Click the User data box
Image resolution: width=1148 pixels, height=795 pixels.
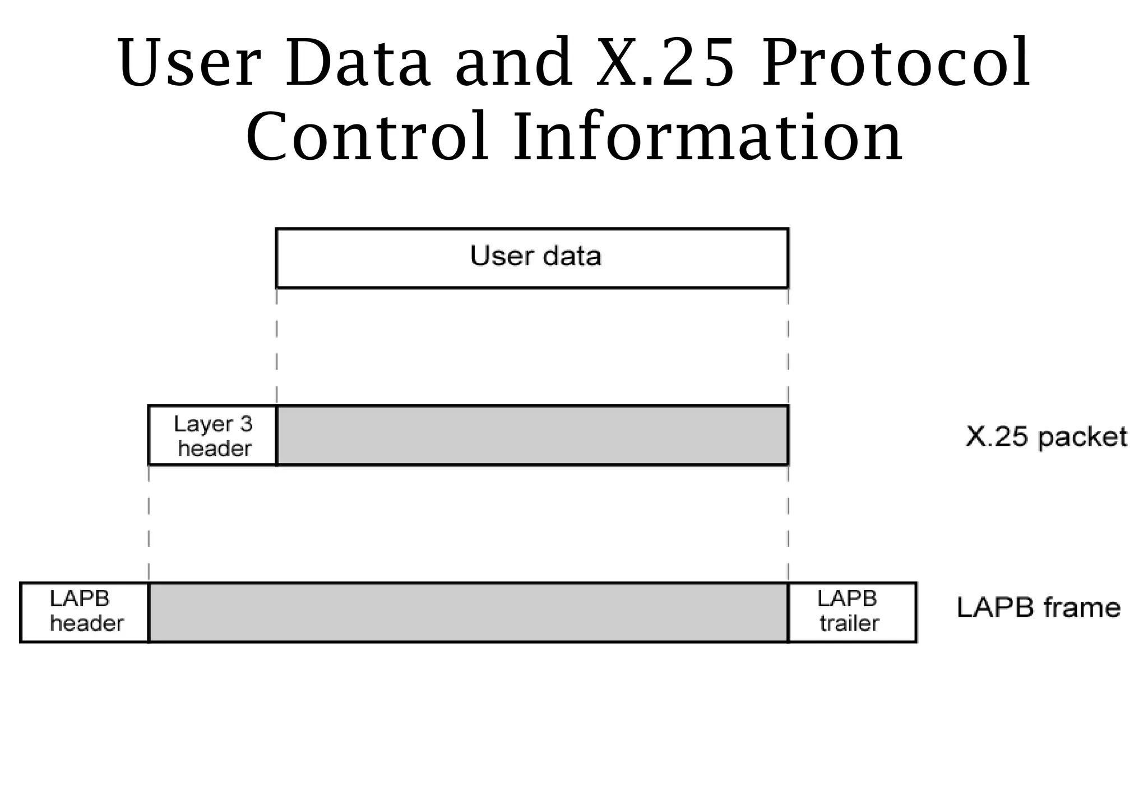point(532,257)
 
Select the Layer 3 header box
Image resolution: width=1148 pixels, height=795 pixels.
point(212,436)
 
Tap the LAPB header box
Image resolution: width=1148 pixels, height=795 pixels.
point(85,612)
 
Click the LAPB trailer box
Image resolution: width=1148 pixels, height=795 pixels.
point(851,612)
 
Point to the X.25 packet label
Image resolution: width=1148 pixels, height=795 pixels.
point(1046,437)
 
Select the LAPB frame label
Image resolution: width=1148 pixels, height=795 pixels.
point(1038,608)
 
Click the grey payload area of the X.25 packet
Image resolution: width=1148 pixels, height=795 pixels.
point(532,436)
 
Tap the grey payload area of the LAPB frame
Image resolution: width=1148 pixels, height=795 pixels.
point(468,612)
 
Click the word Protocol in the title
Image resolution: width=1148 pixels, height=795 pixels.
point(896,63)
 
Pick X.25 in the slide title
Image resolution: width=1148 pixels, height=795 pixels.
point(665,63)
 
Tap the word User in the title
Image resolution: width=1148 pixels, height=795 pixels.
point(189,63)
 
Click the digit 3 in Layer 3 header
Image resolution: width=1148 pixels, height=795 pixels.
point(246,424)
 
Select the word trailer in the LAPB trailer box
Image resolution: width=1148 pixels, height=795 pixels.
point(849,623)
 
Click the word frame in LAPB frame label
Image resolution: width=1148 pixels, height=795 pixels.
point(1081,608)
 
